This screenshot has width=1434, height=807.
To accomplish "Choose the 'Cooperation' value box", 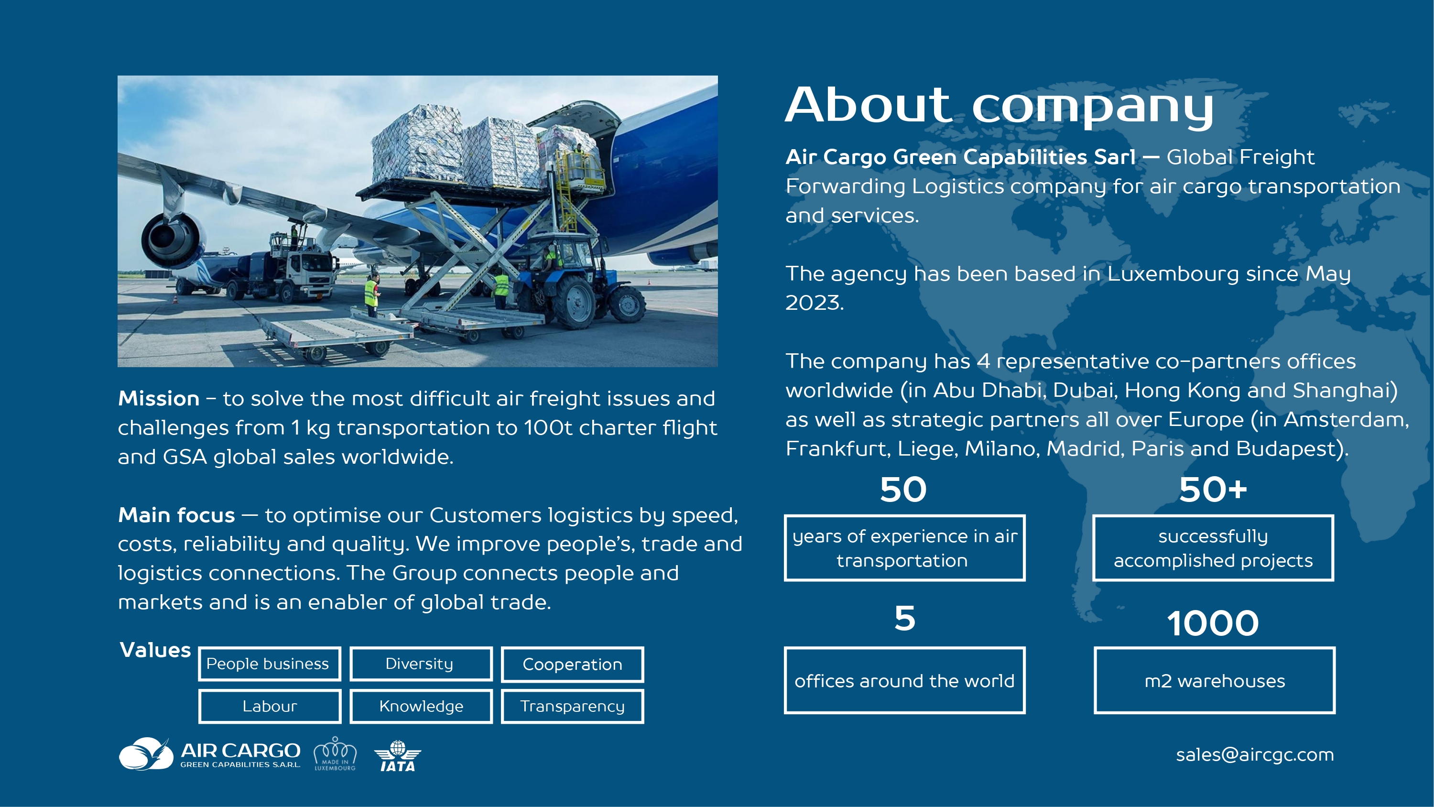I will coord(572,664).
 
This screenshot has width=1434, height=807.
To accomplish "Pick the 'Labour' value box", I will coord(270,706).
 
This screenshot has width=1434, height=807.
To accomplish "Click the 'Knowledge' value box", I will coord(421,706).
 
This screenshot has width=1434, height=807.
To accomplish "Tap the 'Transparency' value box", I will coord(572,706).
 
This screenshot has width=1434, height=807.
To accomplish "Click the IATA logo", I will coord(398,756).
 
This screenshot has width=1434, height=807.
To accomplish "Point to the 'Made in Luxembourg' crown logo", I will coord(335,754).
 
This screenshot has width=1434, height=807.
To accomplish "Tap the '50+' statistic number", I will coord(1213,490).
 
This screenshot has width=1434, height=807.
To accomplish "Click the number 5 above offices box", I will coord(904,618).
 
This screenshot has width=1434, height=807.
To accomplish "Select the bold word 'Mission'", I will coord(159,399).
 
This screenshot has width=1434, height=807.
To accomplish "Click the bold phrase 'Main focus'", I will coord(176,515).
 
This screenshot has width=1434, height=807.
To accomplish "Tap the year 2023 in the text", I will coord(814,303).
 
